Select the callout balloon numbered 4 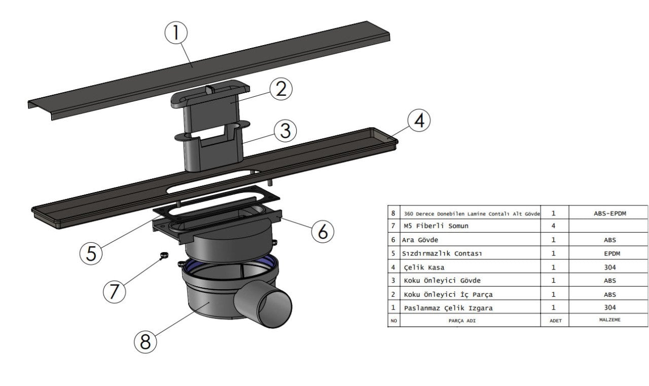tap(419, 121)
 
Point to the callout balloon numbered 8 tap(146, 342)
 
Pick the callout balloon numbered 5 tap(92, 253)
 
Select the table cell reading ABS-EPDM tap(608, 213)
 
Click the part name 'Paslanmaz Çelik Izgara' tap(448, 308)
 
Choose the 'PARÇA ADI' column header tap(463, 321)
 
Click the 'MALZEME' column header tap(610, 320)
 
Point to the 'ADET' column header tap(556, 321)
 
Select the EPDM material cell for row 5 tap(610, 253)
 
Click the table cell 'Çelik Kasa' tap(424, 267)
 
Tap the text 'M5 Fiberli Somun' tap(436, 226)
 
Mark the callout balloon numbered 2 tap(281, 89)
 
